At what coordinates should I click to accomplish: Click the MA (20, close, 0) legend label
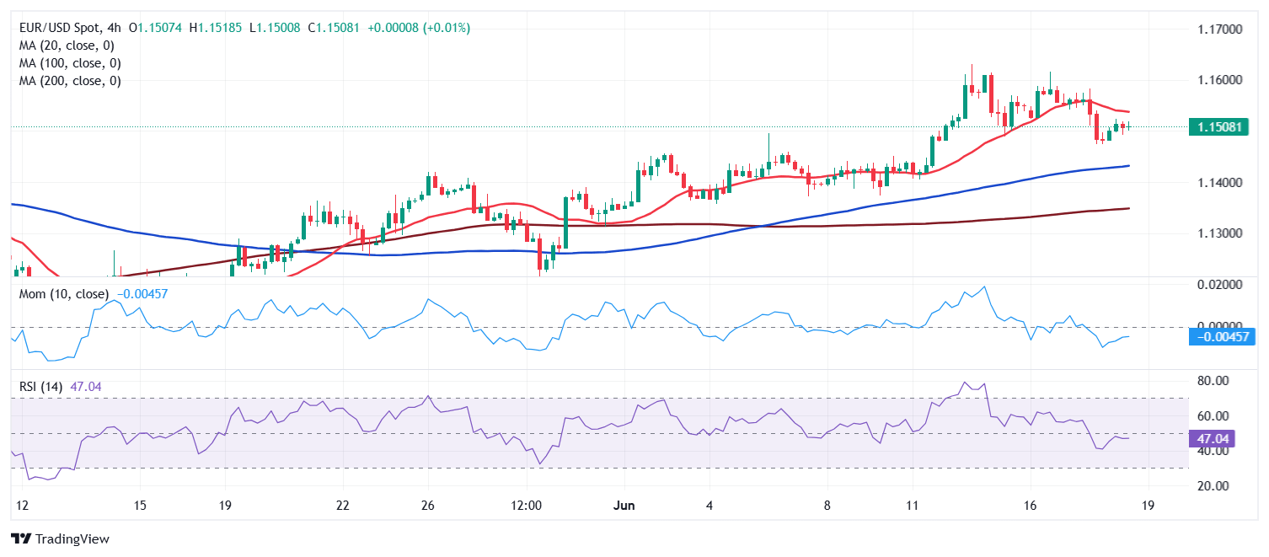click(x=67, y=46)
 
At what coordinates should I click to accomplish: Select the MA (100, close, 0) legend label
click(x=70, y=63)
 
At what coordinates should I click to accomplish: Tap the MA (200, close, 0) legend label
click(x=70, y=81)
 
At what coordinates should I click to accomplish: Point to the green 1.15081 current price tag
click(x=1218, y=127)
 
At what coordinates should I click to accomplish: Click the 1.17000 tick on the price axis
click(x=1219, y=29)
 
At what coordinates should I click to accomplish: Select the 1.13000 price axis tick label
click(x=1219, y=233)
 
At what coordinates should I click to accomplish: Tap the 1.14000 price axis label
click(x=1219, y=182)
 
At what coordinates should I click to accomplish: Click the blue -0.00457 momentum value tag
click(x=1221, y=337)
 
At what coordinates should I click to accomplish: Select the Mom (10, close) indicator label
click(x=64, y=294)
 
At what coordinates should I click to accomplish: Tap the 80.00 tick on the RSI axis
click(x=1213, y=381)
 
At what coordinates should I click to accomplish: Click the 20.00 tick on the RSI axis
click(x=1213, y=486)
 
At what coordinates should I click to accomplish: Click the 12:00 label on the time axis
click(x=526, y=506)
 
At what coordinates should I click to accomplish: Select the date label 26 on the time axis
click(x=428, y=506)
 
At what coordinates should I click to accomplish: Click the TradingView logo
click(x=60, y=538)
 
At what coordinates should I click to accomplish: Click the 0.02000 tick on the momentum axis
click(x=1219, y=285)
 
